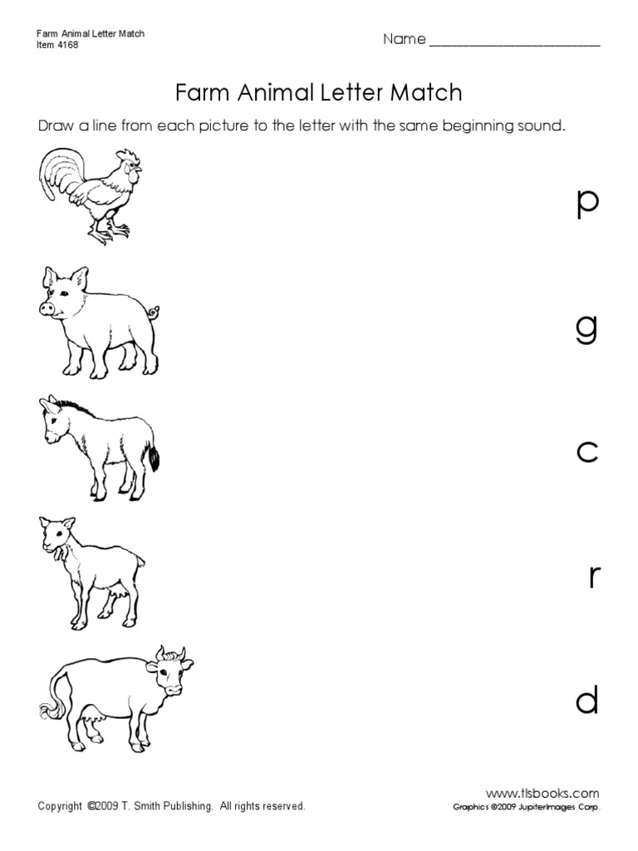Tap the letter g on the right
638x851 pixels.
(586, 331)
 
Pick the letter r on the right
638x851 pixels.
(593, 576)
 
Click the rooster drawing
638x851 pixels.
(88, 195)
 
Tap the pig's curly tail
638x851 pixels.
(153, 313)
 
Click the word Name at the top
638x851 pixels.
(404, 40)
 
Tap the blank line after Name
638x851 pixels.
(514, 43)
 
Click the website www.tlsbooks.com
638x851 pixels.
(542, 793)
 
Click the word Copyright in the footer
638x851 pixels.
(61, 806)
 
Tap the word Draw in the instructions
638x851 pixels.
(55, 127)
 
